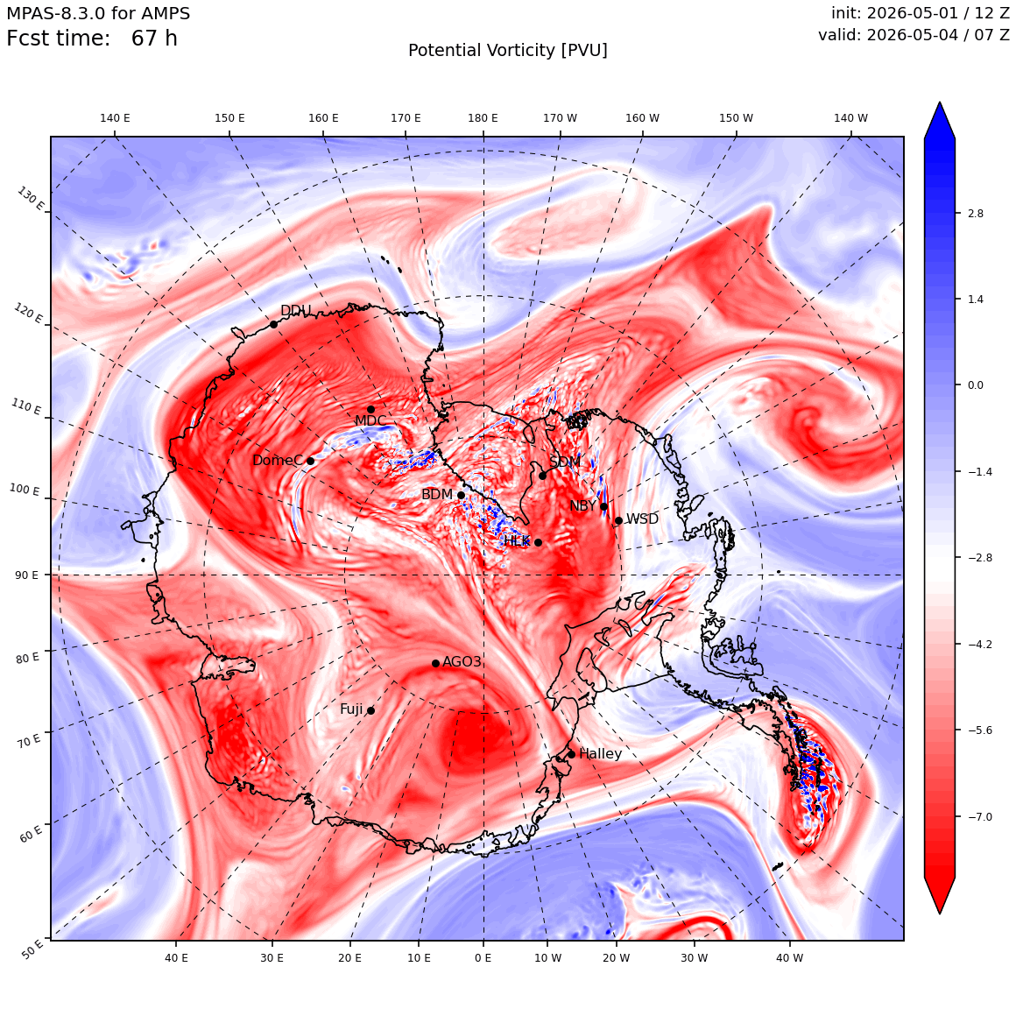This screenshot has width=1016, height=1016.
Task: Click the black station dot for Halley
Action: pos(571,754)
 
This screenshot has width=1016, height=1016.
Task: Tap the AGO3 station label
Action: pos(462,661)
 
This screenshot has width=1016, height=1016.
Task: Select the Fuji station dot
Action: pos(370,711)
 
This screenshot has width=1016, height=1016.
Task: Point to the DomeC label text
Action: pos(278,461)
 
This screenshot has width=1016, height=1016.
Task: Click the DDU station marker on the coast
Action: pos(273,325)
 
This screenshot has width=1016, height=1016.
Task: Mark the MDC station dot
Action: pos(370,410)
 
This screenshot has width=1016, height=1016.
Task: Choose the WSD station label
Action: pos(642,519)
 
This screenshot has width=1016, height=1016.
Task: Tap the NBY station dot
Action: pos(603,507)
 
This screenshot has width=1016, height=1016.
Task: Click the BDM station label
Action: pos(437,494)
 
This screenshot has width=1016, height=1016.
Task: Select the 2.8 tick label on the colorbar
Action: pos(975,213)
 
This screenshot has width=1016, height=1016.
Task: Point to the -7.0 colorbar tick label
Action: pos(977,816)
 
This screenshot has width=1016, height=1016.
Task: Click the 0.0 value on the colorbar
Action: pos(975,385)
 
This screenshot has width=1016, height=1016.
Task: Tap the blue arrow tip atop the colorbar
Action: pos(940,102)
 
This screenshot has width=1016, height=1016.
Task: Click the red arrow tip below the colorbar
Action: pos(940,913)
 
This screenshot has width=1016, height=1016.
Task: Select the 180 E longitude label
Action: pos(483,118)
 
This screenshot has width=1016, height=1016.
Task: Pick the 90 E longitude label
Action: pos(26,575)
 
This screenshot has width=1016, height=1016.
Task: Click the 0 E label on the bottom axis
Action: pos(483,957)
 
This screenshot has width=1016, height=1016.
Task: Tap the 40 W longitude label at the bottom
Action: pos(790,957)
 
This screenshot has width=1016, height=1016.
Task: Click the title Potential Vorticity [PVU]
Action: pos(508,51)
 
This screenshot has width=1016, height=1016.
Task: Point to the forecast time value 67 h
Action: pos(154,39)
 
